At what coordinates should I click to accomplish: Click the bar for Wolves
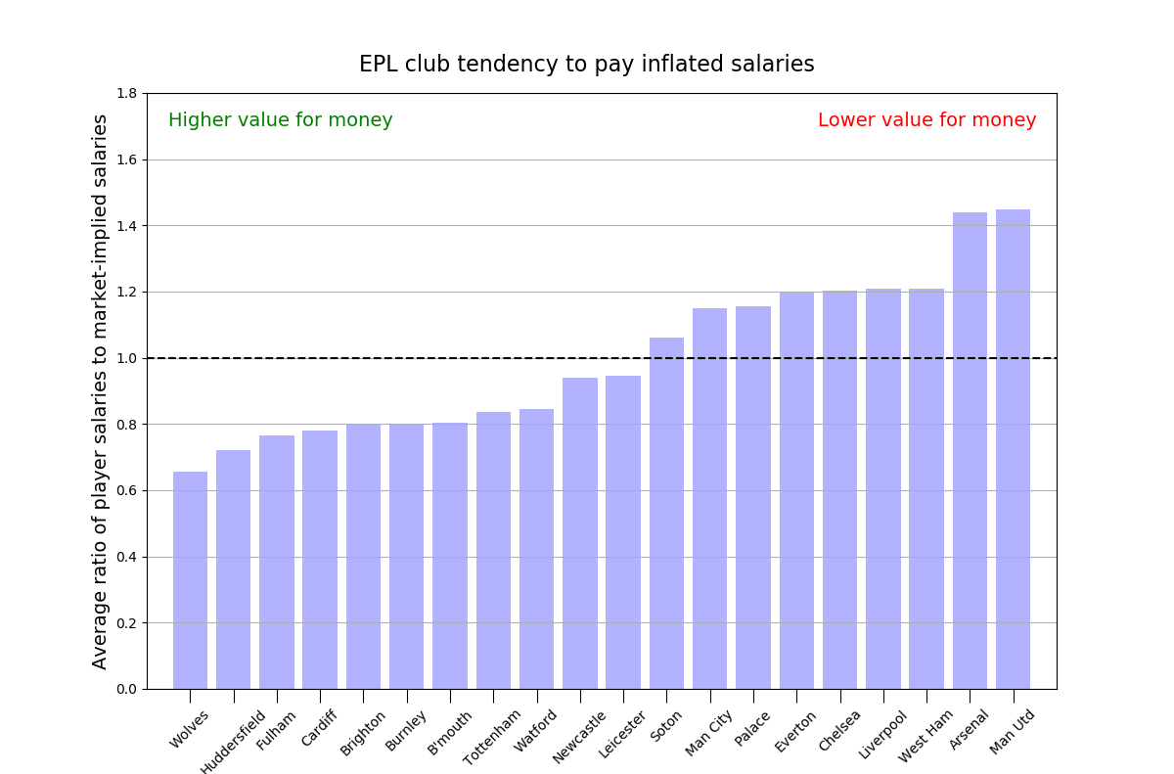(x=190, y=580)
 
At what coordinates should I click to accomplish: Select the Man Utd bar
(x=1013, y=449)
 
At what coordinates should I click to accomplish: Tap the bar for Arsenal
(x=970, y=451)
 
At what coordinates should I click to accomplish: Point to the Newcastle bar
(x=580, y=533)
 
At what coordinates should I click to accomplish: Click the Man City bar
(x=709, y=499)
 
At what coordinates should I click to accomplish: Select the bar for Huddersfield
(x=233, y=569)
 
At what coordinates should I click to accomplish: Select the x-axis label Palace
(x=753, y=729)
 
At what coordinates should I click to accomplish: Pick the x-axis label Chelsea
(x=839, y=730)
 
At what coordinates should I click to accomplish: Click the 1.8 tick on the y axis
(x=127, y=94)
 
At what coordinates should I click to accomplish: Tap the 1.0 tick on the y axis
(x=127, y=358)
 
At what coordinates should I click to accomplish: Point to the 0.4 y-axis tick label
(x=127, y=557)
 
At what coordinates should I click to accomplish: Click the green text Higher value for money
(x=281, y=120)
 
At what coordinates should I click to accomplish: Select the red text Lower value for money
(x=926, y=120)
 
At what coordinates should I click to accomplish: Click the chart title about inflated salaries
(x=586, y=65)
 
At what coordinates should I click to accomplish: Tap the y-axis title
(x=101, y=391)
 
